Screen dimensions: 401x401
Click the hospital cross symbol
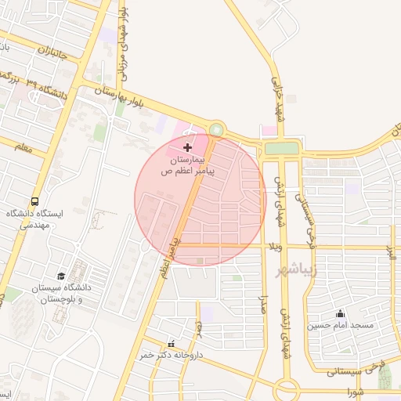(x=186, y=146)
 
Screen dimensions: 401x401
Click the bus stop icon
(x=34, y=202)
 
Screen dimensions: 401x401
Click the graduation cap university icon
(x=61, y=276)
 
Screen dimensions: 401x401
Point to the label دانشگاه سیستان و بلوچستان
(x=63, y=294)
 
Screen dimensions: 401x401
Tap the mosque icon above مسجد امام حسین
(x=340, y=313)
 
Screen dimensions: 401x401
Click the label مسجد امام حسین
(x=341, y=325)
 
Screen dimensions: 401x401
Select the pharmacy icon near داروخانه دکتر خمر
(x=172, y=344)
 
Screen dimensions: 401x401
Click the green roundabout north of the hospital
(x=216, y=130)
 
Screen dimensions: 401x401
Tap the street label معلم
(x=23, y=146)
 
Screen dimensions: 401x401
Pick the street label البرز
(x=388, y=252)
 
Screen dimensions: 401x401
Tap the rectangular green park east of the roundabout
(x=282, y=148)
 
